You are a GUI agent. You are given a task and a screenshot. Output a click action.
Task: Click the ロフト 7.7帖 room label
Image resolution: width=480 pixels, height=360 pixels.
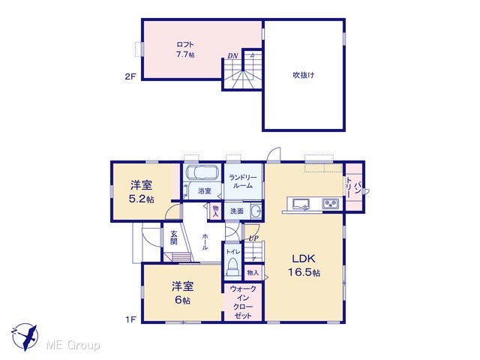coord(185,49)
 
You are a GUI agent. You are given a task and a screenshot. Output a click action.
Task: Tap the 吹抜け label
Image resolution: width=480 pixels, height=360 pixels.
coord(303,75)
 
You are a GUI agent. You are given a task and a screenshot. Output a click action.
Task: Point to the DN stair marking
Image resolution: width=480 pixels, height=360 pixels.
coord(232,56)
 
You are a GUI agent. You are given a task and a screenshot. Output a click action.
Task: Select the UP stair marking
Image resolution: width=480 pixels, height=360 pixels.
coord(253,238)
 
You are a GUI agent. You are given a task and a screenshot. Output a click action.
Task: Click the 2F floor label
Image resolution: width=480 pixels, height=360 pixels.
coord(130,76)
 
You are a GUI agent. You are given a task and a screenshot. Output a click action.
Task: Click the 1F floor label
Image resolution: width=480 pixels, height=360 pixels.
coord(130,319)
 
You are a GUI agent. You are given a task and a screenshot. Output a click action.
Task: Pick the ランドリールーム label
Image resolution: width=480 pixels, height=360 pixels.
coord(243,181)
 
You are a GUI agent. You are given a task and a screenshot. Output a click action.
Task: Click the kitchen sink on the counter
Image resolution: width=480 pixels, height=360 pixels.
coord(301,204)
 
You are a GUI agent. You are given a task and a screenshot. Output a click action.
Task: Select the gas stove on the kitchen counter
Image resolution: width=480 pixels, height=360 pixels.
coord(331,203)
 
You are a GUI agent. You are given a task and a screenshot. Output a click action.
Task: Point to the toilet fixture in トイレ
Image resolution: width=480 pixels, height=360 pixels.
coord(233,267)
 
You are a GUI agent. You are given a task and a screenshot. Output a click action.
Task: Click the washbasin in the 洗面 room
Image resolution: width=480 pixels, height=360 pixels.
coord(256,211)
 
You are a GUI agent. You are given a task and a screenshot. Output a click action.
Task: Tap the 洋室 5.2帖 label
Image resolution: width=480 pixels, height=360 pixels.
coord(142,192)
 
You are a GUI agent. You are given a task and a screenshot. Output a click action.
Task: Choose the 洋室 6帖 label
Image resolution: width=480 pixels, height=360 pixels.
coord(182,293)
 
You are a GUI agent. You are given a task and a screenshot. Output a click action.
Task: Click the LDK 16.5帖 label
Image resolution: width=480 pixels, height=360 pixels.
coord(304,265)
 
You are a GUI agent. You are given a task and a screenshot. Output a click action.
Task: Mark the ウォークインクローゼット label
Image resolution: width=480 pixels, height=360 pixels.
coord(243,302)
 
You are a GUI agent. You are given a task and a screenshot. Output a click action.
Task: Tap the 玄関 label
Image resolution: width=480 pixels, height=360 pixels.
coord(173,238)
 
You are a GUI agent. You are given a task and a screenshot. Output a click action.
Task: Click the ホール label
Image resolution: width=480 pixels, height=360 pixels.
coord(205,241)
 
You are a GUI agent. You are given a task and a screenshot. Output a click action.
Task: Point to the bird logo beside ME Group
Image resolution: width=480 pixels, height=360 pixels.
coord(25,337)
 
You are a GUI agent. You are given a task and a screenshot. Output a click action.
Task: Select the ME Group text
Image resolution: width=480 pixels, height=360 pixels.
coord(73,346)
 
